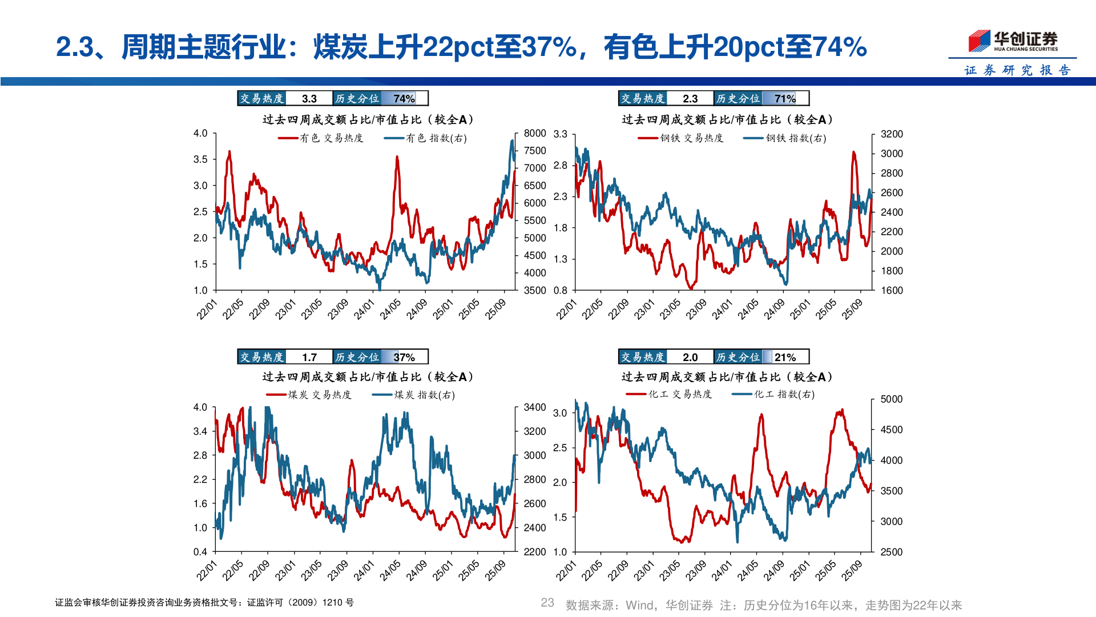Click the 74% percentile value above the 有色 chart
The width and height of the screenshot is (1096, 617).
[404, 99]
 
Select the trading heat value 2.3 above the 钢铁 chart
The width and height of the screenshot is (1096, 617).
[690, 99]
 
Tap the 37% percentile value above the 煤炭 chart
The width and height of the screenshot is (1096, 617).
[404, 357]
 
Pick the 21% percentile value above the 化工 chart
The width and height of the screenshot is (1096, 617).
[785, 357]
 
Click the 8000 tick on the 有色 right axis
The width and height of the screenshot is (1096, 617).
[535, 133]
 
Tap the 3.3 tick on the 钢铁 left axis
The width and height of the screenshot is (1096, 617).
[561, 134]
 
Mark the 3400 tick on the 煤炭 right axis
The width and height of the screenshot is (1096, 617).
[535, 407]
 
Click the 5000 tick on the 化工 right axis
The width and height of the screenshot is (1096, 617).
[891, 399]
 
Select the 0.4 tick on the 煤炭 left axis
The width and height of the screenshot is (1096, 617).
[200, 552]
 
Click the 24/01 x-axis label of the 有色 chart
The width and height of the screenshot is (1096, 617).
[364, 309]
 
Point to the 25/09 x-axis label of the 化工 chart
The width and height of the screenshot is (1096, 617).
[851, 570]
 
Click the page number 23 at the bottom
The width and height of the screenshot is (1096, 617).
[547, 603]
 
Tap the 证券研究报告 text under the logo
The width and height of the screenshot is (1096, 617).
[1017, 70]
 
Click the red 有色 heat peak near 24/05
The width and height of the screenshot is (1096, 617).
[397, 158]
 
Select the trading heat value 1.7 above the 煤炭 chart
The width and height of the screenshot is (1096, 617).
[309, 357]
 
